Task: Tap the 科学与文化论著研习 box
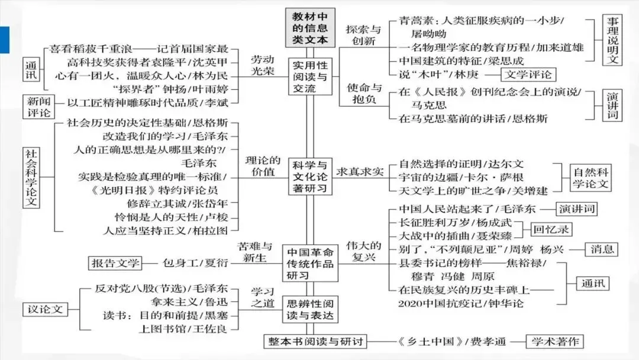(x=309, y=176)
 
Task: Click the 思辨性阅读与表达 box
(x=309, y=308)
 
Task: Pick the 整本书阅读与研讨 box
(x=315, y=342)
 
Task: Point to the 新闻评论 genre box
(x=37, y=107)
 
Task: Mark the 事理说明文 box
(x=613, y=40)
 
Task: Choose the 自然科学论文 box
(x=589, y=178)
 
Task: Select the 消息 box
(x=602, y=249)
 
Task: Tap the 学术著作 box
(x=555, y=342)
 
